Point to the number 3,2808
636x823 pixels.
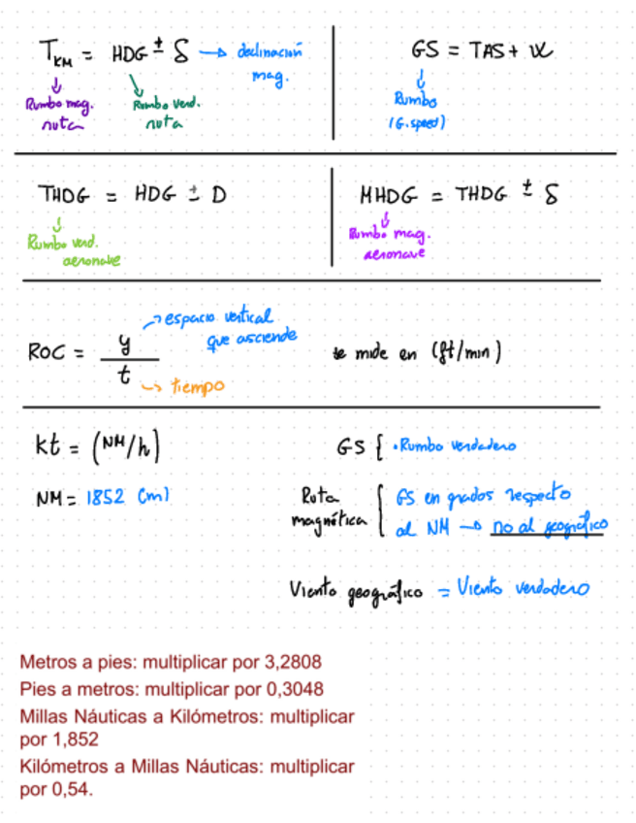[x=292, y=662]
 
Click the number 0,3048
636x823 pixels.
[x=294, y=688]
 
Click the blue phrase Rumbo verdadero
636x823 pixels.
[x=456, y=445]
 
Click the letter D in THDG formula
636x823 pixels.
[x=218, y=195]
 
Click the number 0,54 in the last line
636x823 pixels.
[x=74, y=790]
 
